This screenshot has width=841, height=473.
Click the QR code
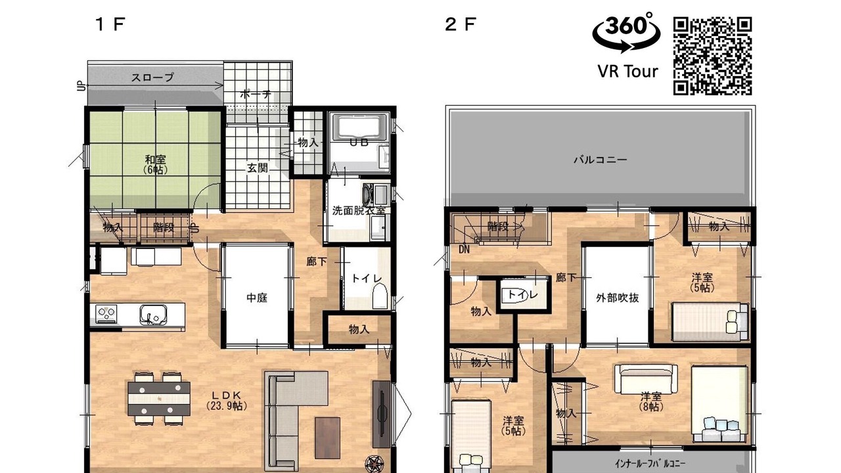(713, 56)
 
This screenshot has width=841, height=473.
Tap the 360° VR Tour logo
(627, 45)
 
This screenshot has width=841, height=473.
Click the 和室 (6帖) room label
(156, 164)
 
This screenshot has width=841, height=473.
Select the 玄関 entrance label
(257, 168)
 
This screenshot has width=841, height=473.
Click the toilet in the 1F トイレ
(380, 296)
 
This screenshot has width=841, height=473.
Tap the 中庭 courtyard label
(257, 298)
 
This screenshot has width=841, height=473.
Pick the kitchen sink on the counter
(153, 315)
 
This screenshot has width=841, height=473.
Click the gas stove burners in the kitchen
(106, 313)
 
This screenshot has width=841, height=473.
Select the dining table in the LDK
(159, 398)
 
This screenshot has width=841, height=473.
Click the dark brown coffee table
(327, 438)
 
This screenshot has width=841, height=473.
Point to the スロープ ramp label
(152, 78)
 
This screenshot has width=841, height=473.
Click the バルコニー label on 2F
(600, 160)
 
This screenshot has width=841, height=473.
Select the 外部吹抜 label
(618, 298)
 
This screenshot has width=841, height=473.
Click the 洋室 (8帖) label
(651, 401)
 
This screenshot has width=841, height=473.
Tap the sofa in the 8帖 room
(646, 379)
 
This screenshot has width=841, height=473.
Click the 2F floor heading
(461, 25)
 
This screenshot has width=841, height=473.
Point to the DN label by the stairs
(464, 250)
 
